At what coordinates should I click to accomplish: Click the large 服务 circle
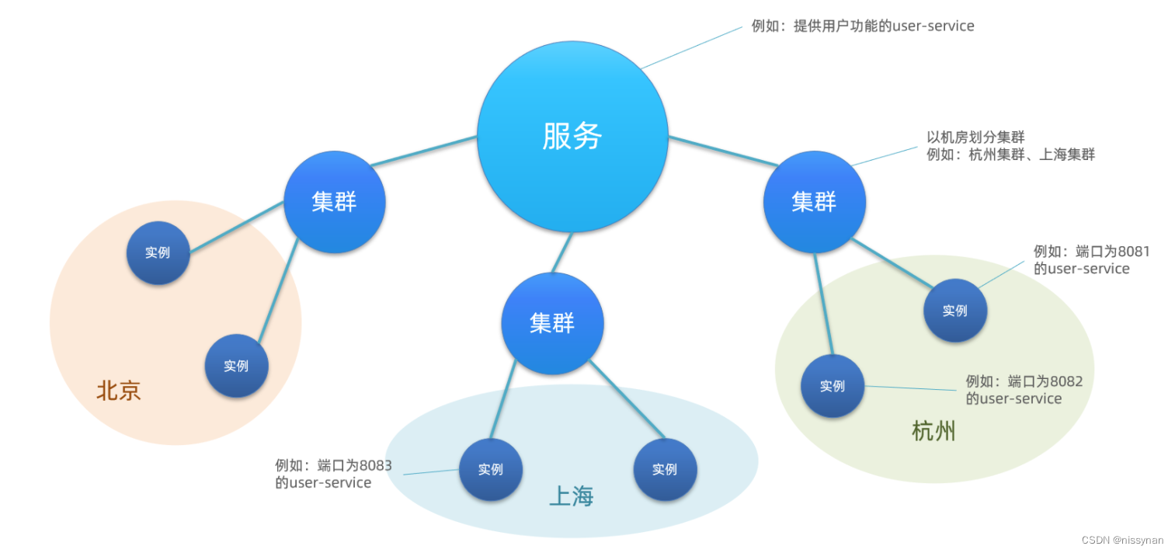pyautogui.click(x=572, y=137)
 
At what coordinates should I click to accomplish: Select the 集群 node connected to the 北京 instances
pyautogui.click(x=334, y=202)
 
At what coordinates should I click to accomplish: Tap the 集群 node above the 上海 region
pyautogui.click(x=552, y=323)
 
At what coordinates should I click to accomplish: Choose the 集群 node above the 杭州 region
pyautogui.click(x=814, y=202)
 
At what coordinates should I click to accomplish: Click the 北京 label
pyautogui.click(x=119, y=390)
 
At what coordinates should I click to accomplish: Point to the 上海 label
pyautogui.click(x=571, y=496)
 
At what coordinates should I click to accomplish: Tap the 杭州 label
pyautogui.click(x=933, y=431)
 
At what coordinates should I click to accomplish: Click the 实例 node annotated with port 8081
pyautogui.click(x=955, y=311)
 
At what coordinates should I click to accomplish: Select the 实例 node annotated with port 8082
pyautogui.click(x=833, y=386)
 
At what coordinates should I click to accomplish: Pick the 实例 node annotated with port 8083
pyautogui.click(x=490, y=469)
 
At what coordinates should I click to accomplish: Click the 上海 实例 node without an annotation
pyautogui.click(x=665, y=469)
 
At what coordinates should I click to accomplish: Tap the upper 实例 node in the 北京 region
pyautogui.click(x=158, y=252)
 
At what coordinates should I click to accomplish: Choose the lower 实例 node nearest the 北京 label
pyautogui.click(x=236, y=366)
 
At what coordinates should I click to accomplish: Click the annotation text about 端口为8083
pyautogui.click(x=333, y=474)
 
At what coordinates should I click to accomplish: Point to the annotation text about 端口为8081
pyautogui.click(x=1091, y=259)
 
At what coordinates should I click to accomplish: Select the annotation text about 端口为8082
pyautogui.click(x=1024, y=390)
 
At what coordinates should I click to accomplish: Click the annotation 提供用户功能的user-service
pyautogui.click(x=862, y=26)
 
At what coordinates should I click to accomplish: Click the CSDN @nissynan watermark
pyautogui.click(x=1122, y=541)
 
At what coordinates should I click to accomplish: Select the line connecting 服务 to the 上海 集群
pyautogui.click(x=563, y=252)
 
